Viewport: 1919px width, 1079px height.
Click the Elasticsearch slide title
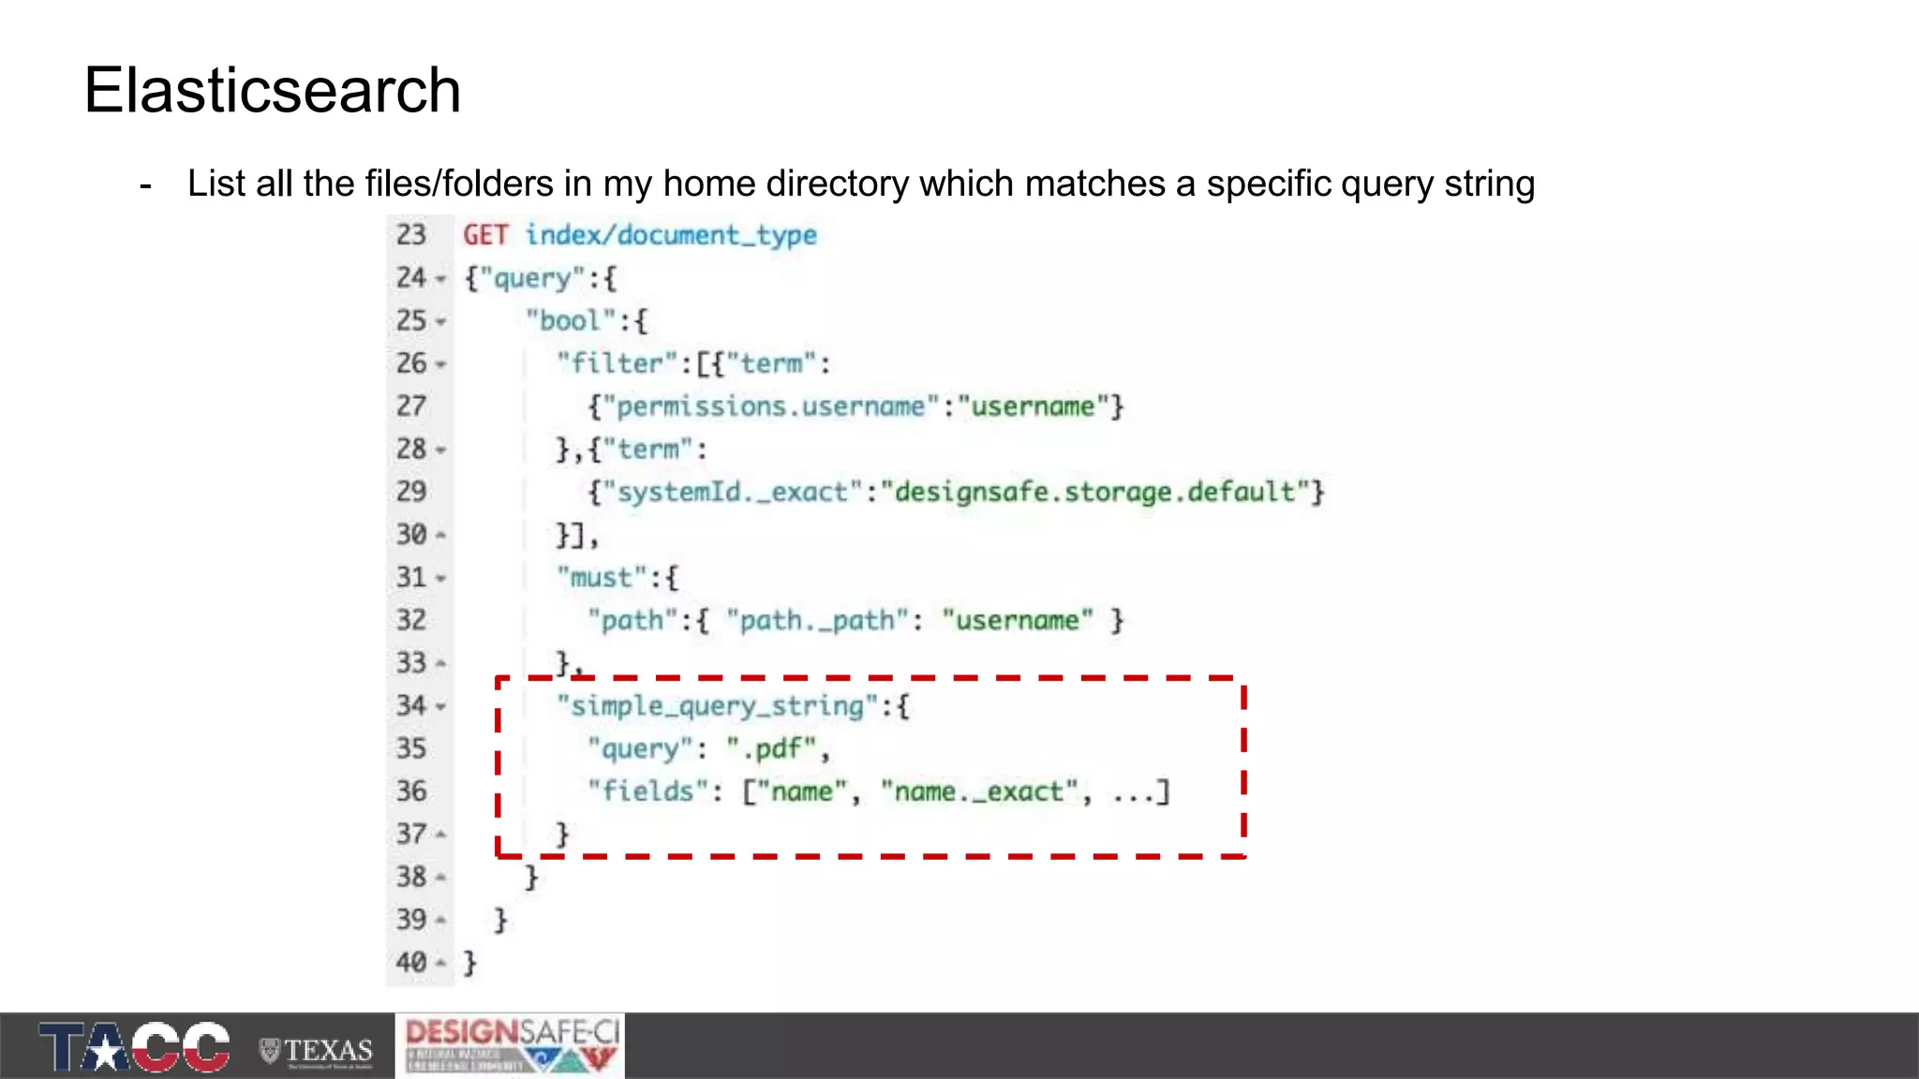point(272,91)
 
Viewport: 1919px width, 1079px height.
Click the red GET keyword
point(485,235)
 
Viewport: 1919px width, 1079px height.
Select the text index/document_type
point(670,235)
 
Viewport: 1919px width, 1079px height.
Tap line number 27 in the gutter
point(410,406)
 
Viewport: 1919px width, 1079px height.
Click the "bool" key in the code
point(570,321)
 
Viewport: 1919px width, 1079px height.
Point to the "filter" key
point(617,363)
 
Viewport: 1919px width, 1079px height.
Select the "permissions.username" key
point(769,406)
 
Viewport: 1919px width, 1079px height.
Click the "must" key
point(602,577)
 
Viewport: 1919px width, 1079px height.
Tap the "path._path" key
point(817,620)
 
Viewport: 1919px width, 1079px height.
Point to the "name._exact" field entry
point(979,791)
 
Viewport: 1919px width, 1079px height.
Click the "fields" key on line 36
point(647,791)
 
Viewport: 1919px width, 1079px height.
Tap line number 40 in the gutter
point(410,962)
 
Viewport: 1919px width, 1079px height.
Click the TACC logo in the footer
point(134,1046)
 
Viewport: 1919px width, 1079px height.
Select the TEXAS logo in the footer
point(317,1051)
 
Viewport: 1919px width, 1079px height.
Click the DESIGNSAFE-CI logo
point(511,1045)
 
